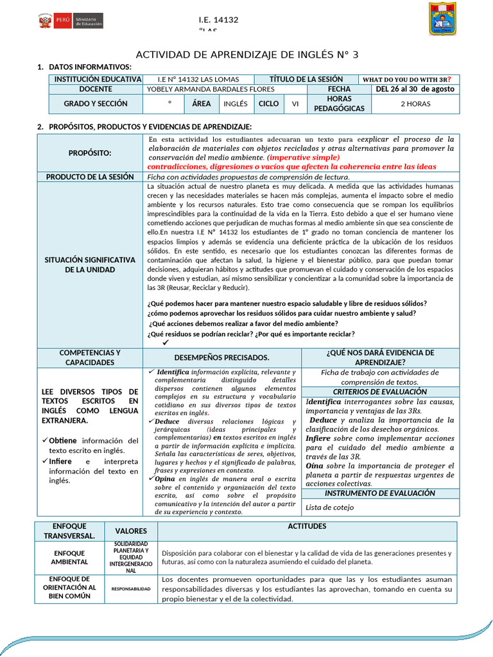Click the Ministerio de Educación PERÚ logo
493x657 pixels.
[71, 21]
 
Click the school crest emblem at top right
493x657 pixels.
[442, 19]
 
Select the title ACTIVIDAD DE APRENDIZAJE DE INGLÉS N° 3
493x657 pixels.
[247, 55]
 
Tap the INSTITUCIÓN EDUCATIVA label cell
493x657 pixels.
[98, 79]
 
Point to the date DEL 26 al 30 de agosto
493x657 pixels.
[415, 89]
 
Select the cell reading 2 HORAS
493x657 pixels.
[415, 103]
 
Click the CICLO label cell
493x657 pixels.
[268, 103]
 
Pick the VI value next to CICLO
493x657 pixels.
[295, 103]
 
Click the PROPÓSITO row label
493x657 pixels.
[90, 153]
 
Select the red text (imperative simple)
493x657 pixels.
[304, 157]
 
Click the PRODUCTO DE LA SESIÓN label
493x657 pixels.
[90, 176]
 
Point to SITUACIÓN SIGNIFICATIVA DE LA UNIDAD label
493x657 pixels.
[90, 264]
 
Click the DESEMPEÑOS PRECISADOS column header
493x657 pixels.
[222, 357]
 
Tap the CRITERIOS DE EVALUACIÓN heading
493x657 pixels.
[380, 391]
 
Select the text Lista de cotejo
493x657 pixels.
[329, 507]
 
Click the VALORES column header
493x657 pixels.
[131, 531]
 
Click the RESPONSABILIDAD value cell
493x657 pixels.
[131, 588]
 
